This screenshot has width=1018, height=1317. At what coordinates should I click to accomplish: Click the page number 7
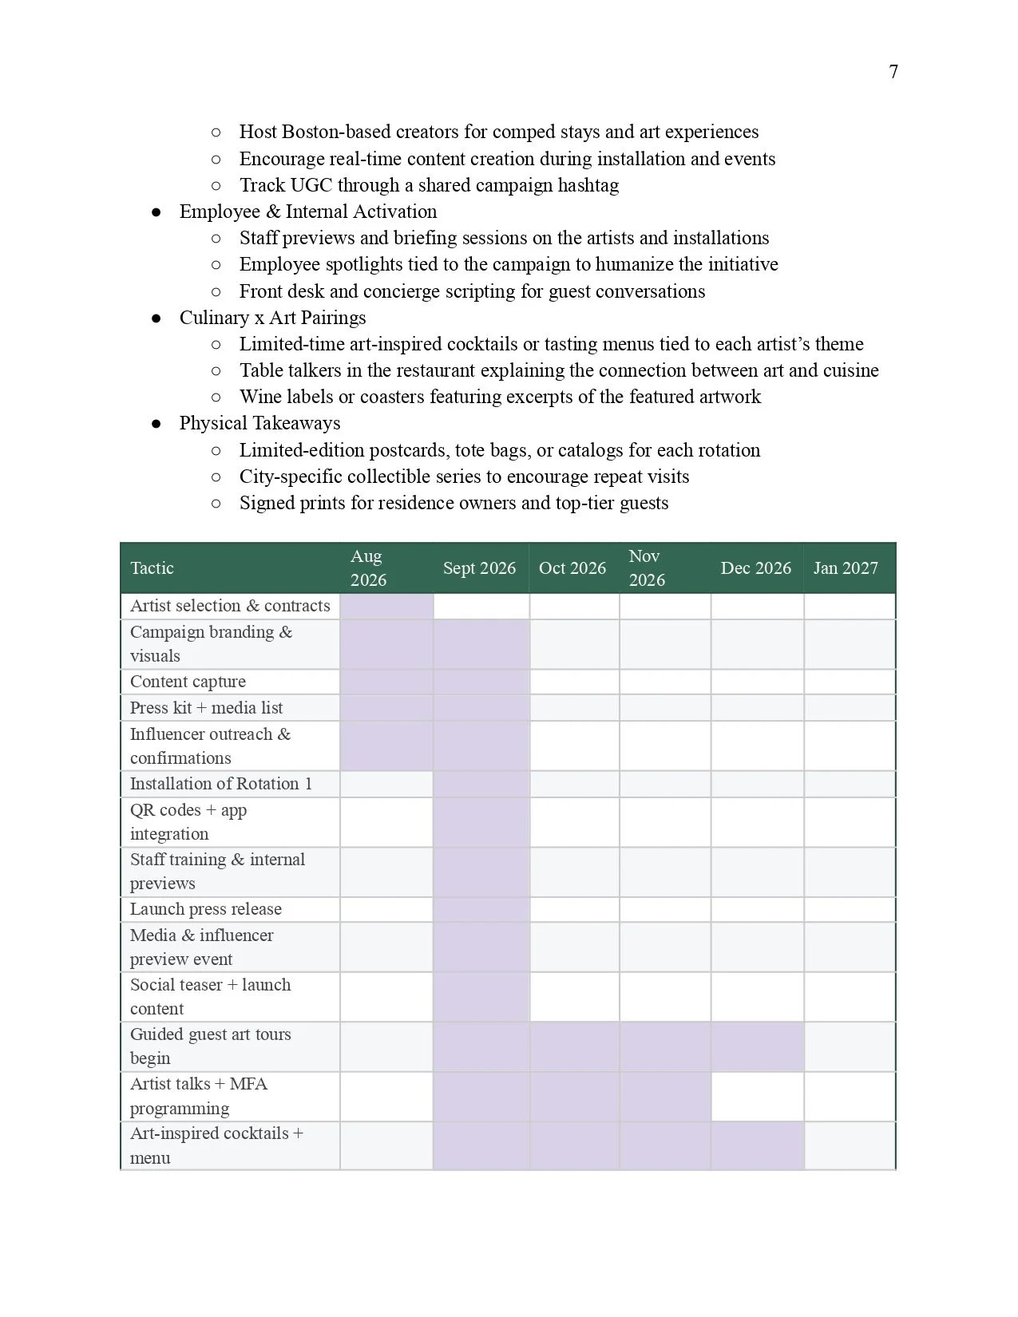[x=893, y=72]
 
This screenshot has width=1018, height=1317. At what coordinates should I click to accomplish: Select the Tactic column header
[x=152, y=568]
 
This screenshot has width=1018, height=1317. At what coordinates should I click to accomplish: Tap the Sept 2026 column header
[x=479, y=568]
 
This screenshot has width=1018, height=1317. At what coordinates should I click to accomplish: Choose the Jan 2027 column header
[x=846, y=568]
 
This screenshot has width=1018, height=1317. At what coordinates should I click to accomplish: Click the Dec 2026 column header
[x=755, y=568]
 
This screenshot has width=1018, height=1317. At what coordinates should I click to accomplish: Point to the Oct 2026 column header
[x=572, y=568]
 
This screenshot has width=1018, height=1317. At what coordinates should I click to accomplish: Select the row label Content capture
[x=188, y=682]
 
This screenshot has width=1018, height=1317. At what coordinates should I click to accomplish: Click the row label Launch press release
[x=205, y=909]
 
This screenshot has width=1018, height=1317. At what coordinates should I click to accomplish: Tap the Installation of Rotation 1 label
[x=220, y=784]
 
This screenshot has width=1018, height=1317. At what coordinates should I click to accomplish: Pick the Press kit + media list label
[x=206, y=708]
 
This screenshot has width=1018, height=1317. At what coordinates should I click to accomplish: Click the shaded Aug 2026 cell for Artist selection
[x=386, y=606]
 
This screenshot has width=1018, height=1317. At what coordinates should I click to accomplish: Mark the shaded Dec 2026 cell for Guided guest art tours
[x=757, y=1046]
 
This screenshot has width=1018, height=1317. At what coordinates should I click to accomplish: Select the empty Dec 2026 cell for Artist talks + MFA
[x=757, y=1096]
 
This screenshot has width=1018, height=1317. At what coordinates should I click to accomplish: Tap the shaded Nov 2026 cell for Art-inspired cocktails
[x=664, y=1145]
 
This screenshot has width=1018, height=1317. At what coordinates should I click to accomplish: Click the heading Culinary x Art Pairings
[x=272, y=318]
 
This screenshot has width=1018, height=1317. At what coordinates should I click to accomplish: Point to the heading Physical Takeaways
[x=259, y=423]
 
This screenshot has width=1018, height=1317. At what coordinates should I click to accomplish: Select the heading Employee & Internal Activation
[x=307, y=212]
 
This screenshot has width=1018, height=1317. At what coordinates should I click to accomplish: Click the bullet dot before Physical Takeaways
[x=156, y=424]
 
